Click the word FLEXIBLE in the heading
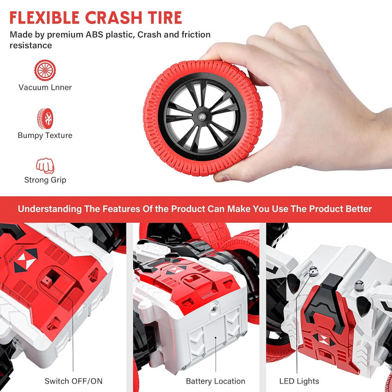(x=44, y=17)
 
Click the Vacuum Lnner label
(x=45, y=87)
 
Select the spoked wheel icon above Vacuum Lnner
(x=45, y=70)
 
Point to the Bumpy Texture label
(x=45, y=135)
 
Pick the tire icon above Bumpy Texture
(x=45, y=119)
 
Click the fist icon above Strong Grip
(x=45, y=166)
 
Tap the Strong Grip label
(x=45, y=180)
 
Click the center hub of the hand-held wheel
(x=202, y=117)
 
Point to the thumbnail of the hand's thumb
(x=222, y=178)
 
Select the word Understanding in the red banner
(x=50, y=209)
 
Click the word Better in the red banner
(x=359, y=209)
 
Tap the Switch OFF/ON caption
(x=74, y=381)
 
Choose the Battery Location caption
(x=215, y=381)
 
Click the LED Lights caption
(x=299, y=381)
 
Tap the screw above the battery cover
(x=214, y=309)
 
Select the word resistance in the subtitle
(x=31, y=45)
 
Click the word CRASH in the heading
(x=113, y=17)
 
